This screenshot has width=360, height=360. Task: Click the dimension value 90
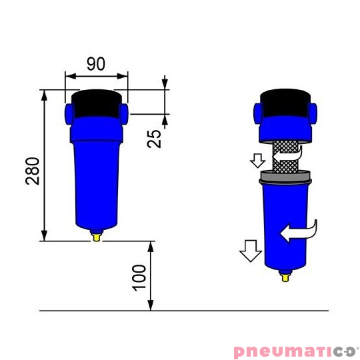[x=96, y=64]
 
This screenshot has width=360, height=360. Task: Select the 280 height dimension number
[x=33, y=171]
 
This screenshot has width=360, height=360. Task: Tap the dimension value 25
[x=154, y=139]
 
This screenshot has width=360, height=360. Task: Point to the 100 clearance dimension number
[x=139, y=278]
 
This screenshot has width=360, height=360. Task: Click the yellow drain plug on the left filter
[x=97, y=236]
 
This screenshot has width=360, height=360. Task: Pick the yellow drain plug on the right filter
[x=285, y=277]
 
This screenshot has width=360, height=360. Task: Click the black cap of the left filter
[x=97, y=103]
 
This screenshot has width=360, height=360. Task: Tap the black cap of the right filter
[x=285, y=103]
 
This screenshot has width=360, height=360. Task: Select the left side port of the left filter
[x=69, y=114]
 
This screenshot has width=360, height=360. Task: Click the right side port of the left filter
[x=124, y=114]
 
